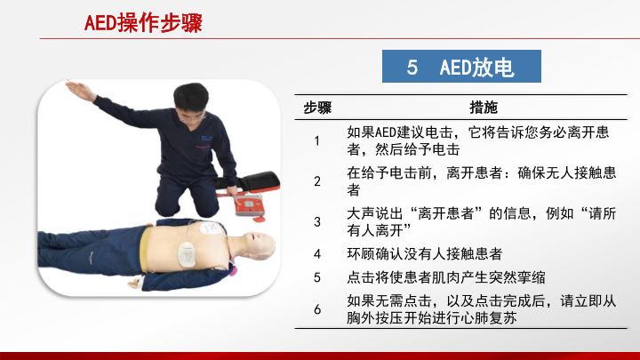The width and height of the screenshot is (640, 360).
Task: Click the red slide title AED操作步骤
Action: [143, 23]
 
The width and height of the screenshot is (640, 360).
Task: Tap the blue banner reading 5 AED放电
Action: [461, 66]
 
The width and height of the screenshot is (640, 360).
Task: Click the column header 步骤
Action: [317, 108]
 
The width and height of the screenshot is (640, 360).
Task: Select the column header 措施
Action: [484, 108]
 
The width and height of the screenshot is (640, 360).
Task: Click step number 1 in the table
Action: [316, 140]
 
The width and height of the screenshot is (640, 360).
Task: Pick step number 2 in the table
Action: [317, 181]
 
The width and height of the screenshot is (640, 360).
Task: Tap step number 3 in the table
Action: [317, 221]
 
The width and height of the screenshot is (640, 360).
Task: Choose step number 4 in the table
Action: [317, 254]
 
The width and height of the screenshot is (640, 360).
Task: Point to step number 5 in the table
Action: [317, 277]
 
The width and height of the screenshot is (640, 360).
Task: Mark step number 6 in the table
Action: [317, 309]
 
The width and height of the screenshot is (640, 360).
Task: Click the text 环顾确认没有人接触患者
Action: [425, 254]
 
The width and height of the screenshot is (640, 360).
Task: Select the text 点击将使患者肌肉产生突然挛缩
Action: [446, 277]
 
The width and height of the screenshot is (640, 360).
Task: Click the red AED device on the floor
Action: [250, 205]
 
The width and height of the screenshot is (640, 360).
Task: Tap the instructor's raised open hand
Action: [80, 90]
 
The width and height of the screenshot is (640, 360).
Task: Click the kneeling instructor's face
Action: [191, 112]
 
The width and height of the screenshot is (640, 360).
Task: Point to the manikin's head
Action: [258, 245]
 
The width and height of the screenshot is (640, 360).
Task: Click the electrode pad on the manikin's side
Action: [187, 255]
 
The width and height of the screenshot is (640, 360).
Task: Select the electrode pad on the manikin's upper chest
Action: [211, 228]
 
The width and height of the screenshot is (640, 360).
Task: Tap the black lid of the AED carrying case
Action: [251, 180]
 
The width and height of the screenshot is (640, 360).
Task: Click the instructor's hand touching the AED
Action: [233, 192]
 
